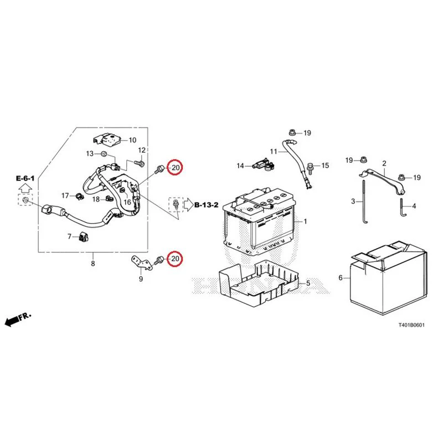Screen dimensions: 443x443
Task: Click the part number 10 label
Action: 132,140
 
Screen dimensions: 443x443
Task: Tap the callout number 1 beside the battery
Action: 305,221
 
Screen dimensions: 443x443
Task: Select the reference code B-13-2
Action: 207,205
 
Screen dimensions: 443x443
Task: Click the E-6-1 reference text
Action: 25,178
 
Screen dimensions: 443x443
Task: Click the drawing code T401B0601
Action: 411,325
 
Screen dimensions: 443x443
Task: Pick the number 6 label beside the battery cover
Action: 341,278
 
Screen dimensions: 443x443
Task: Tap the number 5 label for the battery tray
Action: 308,283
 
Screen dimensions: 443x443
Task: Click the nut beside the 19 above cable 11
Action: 292,132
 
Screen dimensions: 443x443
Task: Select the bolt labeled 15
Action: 310,168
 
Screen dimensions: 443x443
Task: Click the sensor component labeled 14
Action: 265,164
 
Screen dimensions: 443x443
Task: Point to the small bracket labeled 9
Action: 142,262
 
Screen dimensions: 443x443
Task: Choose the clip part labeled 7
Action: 83,237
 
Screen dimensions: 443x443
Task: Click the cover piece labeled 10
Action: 107,140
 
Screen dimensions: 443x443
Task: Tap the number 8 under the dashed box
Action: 93,264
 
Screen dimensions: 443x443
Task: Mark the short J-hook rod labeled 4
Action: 402,208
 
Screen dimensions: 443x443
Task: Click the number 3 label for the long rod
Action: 353,202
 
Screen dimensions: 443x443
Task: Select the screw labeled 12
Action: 140,163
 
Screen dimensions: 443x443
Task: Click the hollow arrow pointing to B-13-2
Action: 189,204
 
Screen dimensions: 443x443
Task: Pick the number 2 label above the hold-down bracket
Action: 384,163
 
